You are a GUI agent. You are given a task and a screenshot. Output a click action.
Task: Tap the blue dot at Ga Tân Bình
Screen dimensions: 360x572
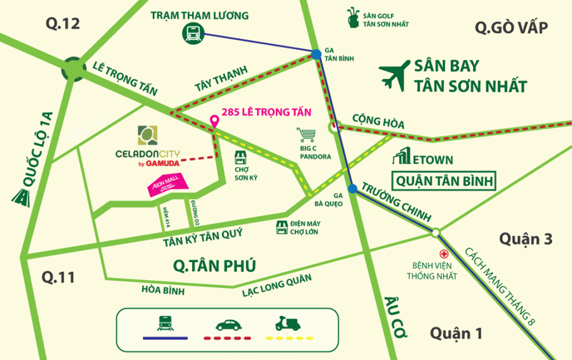[316, 54]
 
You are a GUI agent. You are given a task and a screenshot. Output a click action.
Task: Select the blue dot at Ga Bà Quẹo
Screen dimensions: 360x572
[352, 189]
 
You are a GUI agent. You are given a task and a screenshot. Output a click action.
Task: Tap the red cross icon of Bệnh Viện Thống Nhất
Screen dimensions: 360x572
[445, 253]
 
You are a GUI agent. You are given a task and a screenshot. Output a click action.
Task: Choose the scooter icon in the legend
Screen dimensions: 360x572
[287, 323]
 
